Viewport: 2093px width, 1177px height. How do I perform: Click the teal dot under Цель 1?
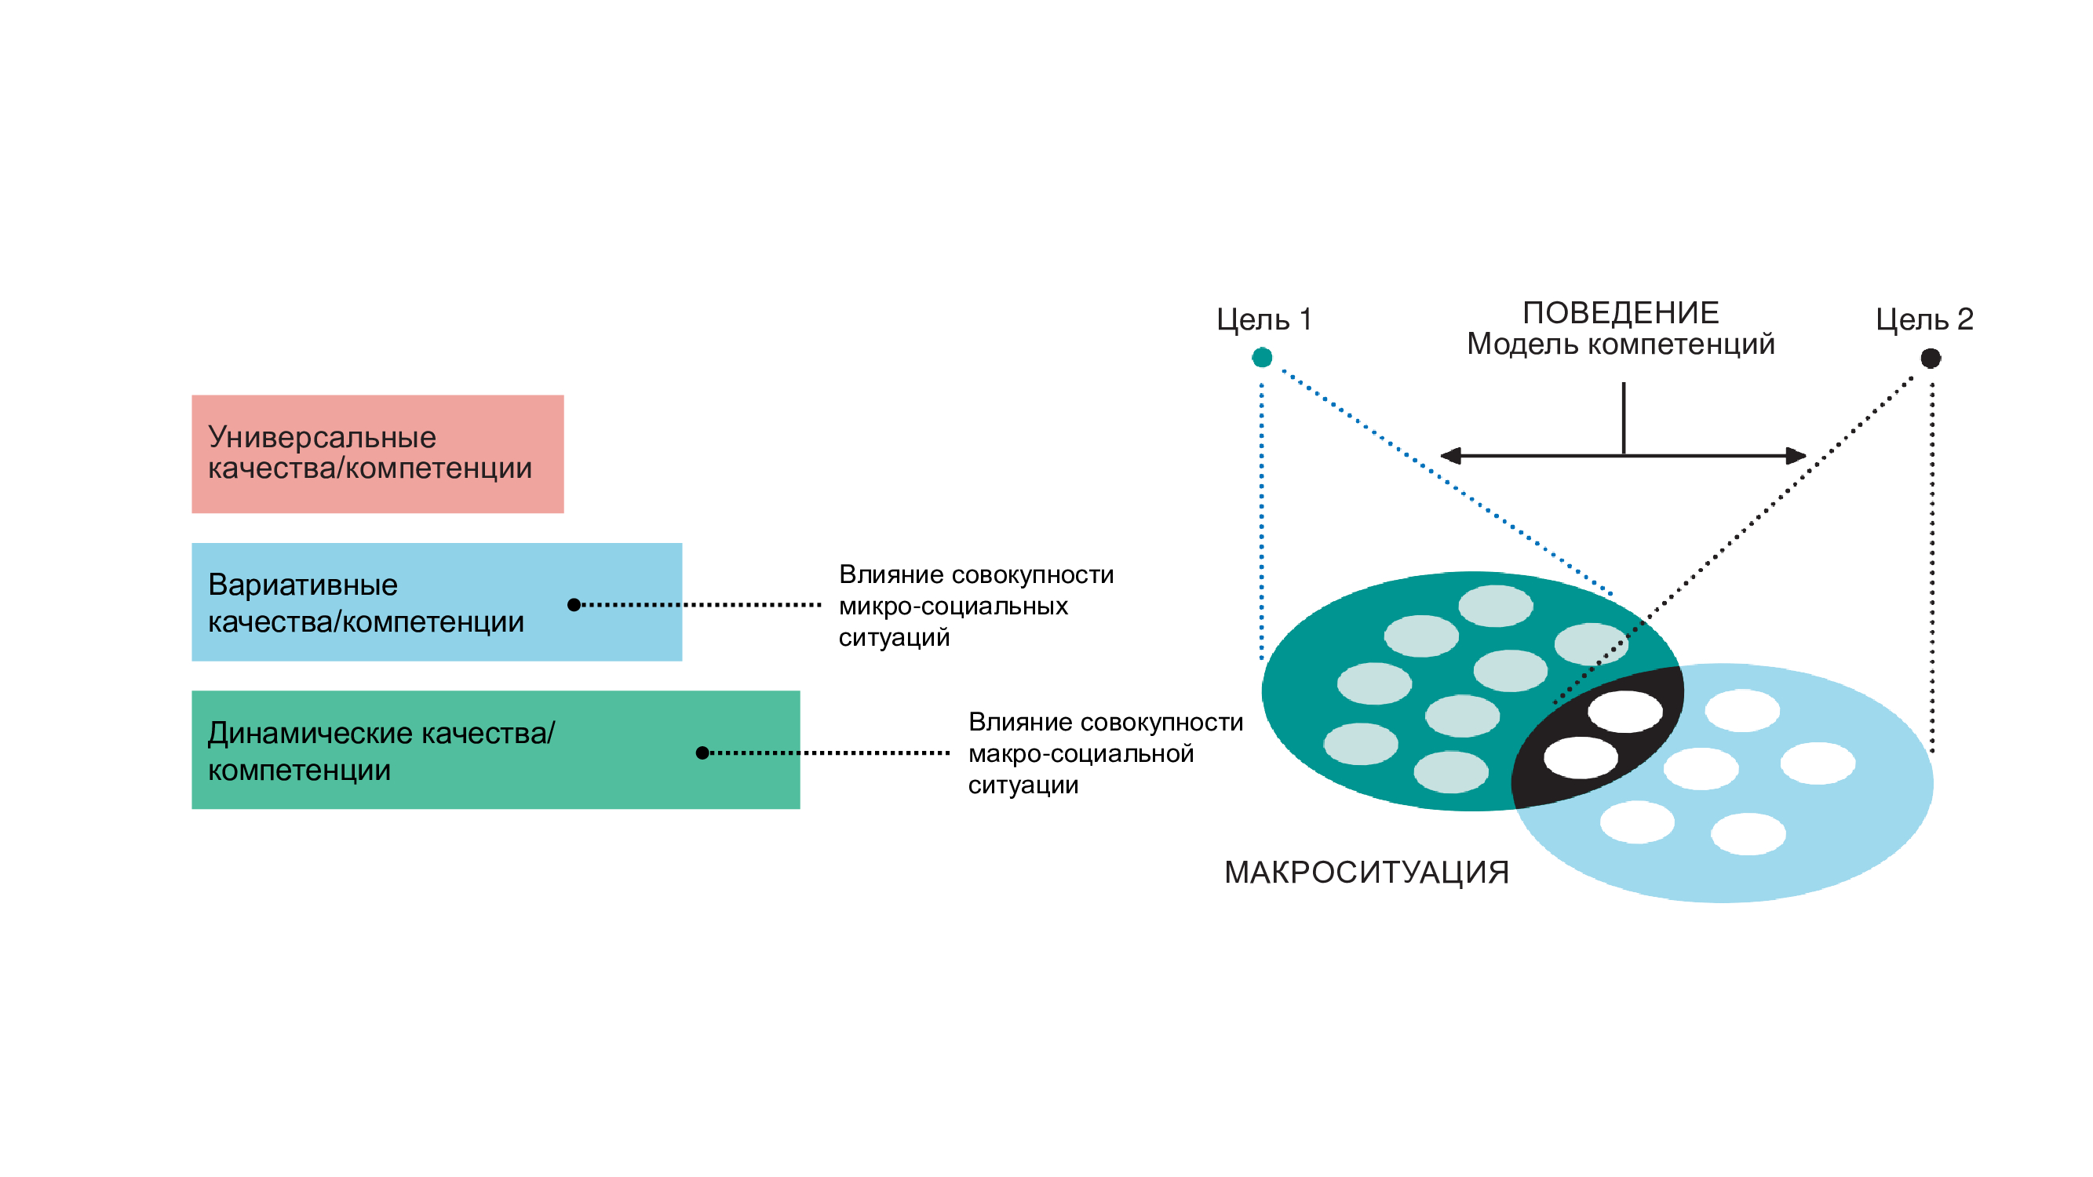click(1262, 357)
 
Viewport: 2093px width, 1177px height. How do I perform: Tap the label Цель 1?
click(1264, 320)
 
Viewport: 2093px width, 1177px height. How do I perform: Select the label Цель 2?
click(1924, 319)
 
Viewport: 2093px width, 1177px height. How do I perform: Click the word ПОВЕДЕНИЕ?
click(1620, 313)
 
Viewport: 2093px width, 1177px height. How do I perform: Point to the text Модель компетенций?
click(1620, 344)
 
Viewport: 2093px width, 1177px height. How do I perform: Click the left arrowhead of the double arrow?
click(1450, 456)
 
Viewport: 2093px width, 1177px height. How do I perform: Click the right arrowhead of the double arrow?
click(1796, 456)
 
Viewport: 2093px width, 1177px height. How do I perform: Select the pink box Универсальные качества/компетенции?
click(377, 454)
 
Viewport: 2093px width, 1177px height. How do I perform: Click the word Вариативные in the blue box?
click(303, 585)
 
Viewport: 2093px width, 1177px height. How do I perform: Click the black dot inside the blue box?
click(574, 604)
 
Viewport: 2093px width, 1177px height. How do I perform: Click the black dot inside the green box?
click(703, 753)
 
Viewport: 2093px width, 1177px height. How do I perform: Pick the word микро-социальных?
click(953, 606)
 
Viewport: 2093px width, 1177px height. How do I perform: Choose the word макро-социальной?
click(1081, 754)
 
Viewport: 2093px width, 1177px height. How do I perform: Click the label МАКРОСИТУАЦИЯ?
click(1366, 873)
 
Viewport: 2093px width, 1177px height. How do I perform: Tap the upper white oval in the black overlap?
click(1625, 712)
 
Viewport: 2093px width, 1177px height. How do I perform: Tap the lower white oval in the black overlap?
click(1581, 758)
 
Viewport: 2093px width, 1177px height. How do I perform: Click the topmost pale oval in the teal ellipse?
click(1496, 606)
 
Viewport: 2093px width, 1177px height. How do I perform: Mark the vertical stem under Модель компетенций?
click(1624, 418)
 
